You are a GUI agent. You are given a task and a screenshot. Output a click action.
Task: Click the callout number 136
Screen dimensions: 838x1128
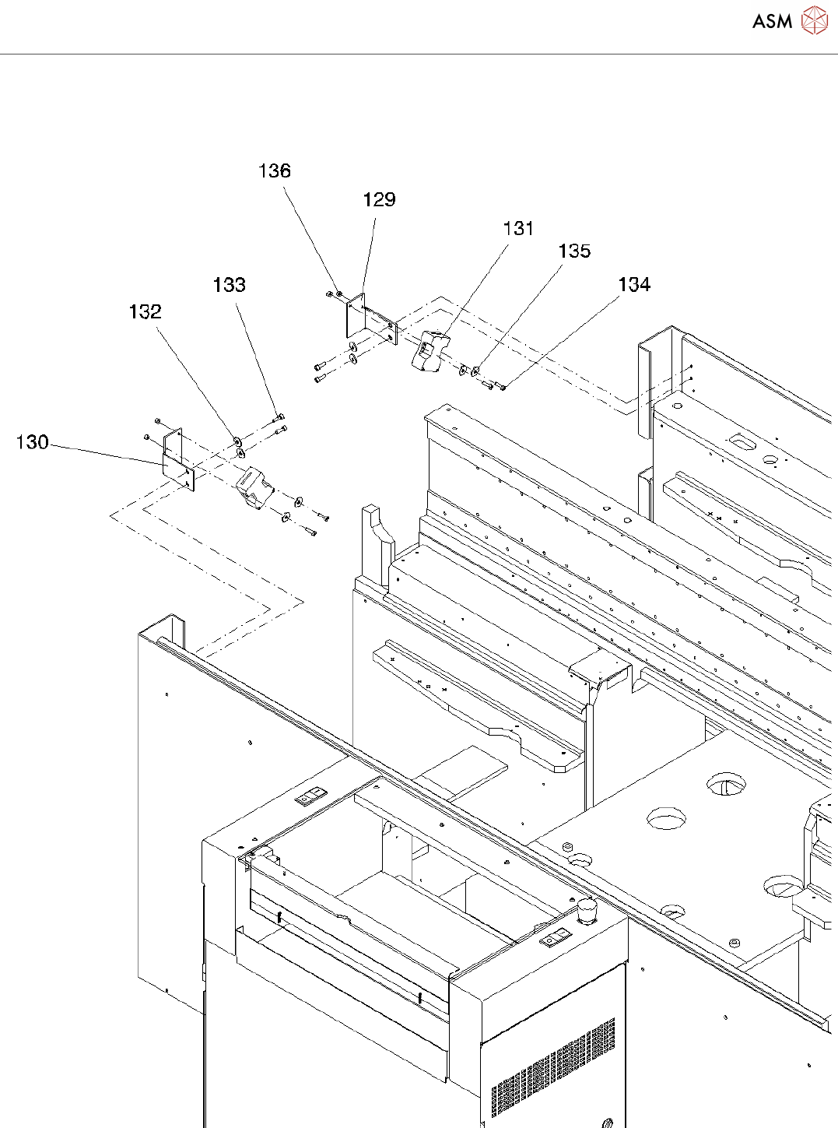click(x=275, y=171)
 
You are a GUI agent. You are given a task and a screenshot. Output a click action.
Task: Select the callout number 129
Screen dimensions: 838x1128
click(x=380, y=199)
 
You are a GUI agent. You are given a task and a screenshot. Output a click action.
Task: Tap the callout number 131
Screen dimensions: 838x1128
click(x=518, y=228)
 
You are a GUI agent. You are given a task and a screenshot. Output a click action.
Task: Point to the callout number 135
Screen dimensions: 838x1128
click(x=574, y=251)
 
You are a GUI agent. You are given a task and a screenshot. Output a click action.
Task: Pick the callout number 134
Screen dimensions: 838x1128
click(x=634, y=284)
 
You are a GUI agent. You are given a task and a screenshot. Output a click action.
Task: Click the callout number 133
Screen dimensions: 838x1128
click(x=230, y=285)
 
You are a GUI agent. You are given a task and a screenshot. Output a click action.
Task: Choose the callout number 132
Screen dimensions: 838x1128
click(x=146, y=311)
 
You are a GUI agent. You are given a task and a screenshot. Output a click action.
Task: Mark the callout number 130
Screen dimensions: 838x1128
click(x=33, y=442)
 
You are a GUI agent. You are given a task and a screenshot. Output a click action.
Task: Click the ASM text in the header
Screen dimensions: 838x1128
click(x=773, y=21)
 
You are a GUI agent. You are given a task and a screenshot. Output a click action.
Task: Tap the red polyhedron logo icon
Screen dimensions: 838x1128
click(x=815, y=20)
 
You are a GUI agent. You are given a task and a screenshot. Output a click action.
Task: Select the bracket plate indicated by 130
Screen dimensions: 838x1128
click(x=178, y=460)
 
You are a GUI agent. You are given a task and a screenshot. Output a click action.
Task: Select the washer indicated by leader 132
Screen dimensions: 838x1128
click(x=237, y=440)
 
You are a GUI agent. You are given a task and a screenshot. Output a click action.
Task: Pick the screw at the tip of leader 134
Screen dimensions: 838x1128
click(x=500, y=387)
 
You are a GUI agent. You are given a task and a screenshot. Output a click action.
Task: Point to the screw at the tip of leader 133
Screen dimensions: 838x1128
click(x=279, y=418)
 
